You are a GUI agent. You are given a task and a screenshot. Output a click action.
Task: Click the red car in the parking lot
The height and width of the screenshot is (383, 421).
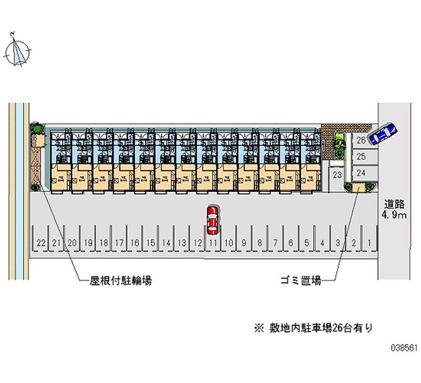[x=212, y=220]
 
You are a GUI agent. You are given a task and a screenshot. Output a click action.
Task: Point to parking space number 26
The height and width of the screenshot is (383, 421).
[x=361, y=140]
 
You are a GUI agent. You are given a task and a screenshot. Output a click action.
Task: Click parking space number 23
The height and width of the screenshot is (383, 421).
[x=338, y=175]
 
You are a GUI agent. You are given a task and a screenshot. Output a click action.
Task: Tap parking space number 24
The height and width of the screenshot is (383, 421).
[x=361, y=172]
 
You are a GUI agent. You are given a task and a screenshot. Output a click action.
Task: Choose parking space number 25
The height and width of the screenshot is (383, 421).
[x=361, y=156]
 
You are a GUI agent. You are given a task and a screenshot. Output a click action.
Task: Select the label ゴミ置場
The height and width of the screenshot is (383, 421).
[x=300, y=281]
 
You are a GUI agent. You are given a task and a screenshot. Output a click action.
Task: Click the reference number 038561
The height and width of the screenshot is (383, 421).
[x=404, y=349]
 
